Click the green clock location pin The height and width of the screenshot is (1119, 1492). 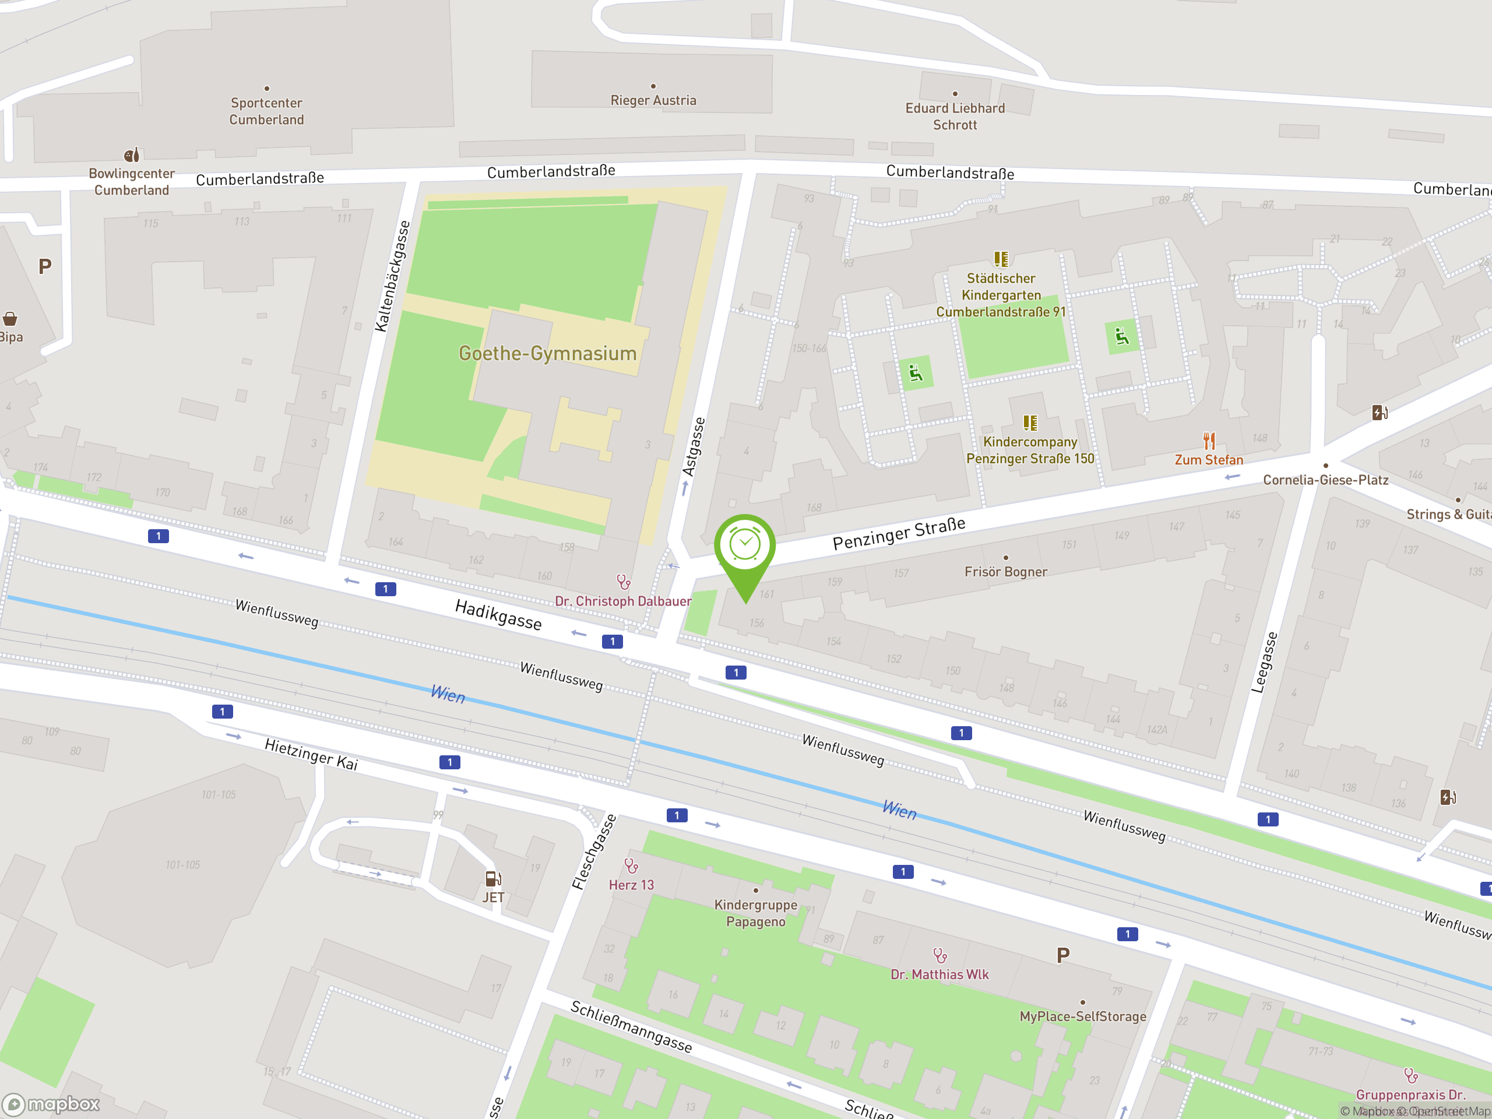coord(745,546)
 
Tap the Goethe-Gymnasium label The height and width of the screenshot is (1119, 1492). coord(547,353)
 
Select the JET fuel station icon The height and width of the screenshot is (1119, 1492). coord(493,878)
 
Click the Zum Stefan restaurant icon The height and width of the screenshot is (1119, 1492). coord(1209,441)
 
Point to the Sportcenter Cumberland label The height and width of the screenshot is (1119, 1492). coord(266,111)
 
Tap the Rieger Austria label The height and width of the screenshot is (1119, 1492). coord(653,100)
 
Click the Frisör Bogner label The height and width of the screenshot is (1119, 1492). coord(1005,572)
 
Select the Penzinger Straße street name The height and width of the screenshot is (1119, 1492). coord(899,533)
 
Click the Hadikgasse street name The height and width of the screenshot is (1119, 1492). coord(498,614)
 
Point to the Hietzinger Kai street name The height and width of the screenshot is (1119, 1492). coord(311,754)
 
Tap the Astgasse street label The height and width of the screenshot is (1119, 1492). coord(694,446)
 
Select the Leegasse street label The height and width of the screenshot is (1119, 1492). coord(1264,662)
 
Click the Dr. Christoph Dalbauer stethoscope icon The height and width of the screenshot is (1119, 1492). coord(623,582)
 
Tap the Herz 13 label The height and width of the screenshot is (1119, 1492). coord(631,885)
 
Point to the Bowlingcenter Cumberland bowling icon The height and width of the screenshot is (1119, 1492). coord(132,155)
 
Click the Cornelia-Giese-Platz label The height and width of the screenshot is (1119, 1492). coord(1325,480)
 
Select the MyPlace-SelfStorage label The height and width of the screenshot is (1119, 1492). coord(1083,1016)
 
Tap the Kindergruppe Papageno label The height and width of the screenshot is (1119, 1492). coord(755,913)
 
